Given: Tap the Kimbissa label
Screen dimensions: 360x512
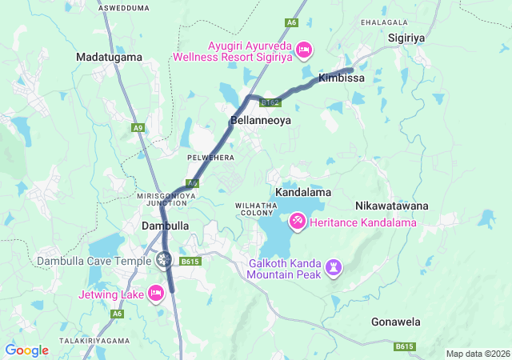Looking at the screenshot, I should coord(342,78).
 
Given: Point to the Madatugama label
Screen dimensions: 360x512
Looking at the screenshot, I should coord(109,57).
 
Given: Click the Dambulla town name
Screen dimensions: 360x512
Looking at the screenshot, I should coord(165,226).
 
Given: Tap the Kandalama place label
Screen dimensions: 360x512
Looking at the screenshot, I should coord(302,193).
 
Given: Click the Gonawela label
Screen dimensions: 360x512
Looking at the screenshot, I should coord(396,322).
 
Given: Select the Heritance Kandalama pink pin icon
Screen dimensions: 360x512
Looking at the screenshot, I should coord(297,218).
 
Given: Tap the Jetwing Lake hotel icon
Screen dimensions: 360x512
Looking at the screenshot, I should coord(157,294).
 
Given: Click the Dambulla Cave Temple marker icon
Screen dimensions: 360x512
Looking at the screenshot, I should coord(164,259).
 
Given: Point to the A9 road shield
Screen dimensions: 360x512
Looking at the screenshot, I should coord(139,127).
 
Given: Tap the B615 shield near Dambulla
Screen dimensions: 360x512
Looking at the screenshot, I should coord(189,262).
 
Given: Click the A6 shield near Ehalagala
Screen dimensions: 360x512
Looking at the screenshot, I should coord(292,22).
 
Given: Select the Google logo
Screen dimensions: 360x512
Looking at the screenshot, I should coord(27,350).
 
